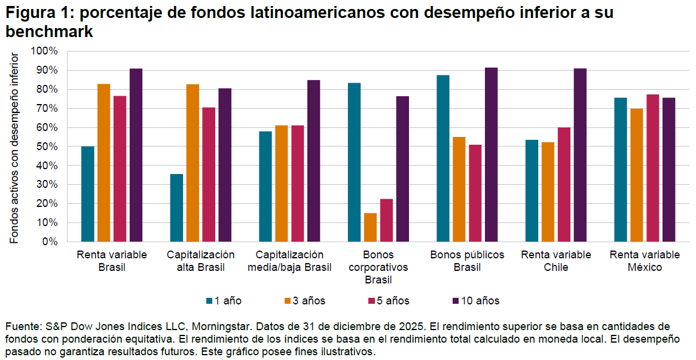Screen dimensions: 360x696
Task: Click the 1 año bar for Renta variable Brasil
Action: click(x=88, y=194)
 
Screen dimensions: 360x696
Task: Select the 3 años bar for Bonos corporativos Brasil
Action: click(x=371, y=227)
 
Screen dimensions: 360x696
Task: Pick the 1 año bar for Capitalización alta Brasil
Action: click(x=176, y=208)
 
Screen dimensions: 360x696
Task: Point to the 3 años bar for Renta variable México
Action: click(x=636, y=175)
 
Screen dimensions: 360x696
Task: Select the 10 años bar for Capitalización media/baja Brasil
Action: click(x=313, y=161)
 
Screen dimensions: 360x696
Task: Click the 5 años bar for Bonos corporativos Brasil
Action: click(x=387, y=220)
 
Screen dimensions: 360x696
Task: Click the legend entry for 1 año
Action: click(x=224, y=301)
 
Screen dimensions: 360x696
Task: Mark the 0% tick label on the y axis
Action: click(x=49, y=242)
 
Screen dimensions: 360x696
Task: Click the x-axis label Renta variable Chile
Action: click(x=556, y=261)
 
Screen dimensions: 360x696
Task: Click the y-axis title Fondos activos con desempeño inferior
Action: click(x=15, y=147)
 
